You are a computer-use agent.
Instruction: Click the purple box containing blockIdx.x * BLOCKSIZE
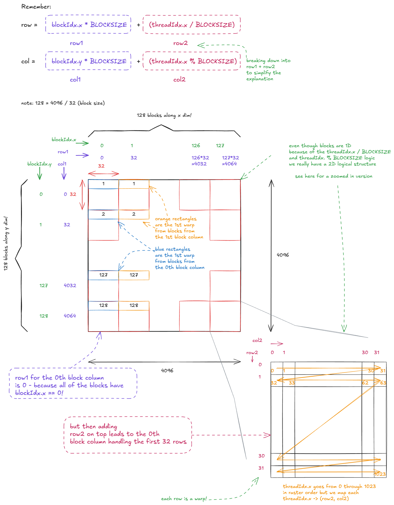coord(88,24)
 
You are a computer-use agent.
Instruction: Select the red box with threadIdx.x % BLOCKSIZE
coord(192,61)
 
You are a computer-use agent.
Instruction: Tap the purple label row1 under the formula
coord(76,43)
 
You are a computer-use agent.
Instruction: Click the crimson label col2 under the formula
coord(179,80)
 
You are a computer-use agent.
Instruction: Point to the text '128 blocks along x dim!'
coord(164,115)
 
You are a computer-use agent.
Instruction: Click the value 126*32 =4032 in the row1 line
coord(200,161)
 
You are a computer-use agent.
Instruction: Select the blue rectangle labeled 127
coord(103,275)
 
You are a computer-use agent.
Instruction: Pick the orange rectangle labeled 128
coord(134,305)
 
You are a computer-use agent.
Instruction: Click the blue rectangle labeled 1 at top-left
coord(103,184)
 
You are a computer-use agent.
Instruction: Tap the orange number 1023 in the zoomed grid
coord(380,474)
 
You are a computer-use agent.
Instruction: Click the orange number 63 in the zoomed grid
coord(383,383)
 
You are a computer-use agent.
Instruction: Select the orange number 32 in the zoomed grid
coord(274,383)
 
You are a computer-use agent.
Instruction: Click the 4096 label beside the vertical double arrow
coord(283,255)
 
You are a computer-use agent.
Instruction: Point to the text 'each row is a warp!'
coord(184,499)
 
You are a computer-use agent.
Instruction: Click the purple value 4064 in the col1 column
coord(70,316)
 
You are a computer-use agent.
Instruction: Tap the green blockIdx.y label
coord(39,164)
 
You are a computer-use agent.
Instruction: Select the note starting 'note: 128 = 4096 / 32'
coord(63,103)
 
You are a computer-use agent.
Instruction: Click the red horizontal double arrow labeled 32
coord(103,173)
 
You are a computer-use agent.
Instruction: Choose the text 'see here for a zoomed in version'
coord(333,176)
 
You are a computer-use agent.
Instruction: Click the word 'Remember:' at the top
coord(36,7)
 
